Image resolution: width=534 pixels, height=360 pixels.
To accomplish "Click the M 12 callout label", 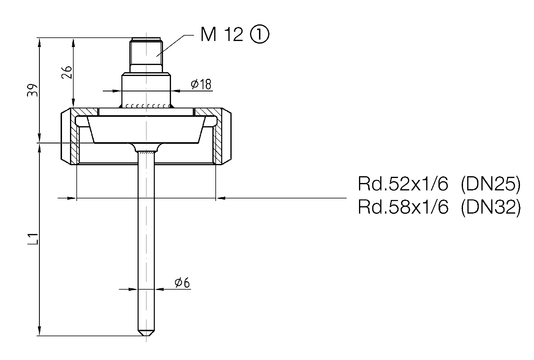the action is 222,34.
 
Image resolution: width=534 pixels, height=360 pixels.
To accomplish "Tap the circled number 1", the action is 260,35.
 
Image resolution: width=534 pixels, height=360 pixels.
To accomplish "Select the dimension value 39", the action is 33,90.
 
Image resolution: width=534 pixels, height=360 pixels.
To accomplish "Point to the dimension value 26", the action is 67,72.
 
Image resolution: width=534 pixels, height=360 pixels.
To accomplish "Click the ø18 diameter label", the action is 201,84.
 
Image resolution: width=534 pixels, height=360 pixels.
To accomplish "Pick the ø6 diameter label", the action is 182,282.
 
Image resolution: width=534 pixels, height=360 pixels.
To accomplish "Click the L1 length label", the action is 33,239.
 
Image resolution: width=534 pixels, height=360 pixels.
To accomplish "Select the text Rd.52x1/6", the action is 403,184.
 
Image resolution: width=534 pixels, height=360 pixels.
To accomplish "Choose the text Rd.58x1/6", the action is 403,207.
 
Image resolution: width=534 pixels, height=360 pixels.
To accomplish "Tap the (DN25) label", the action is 491,184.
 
